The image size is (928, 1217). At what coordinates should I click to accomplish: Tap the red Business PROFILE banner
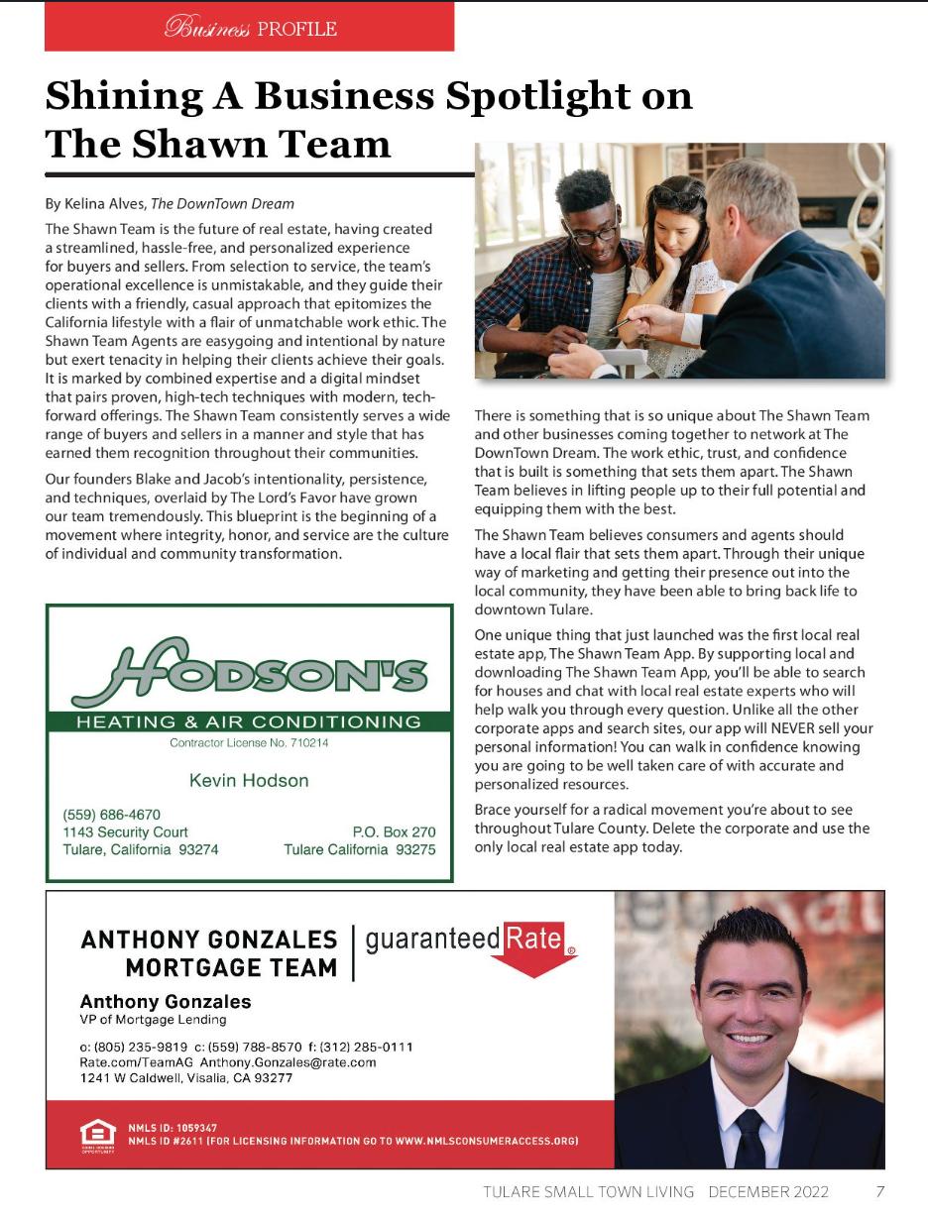pyautogui.click(x=249, y=27)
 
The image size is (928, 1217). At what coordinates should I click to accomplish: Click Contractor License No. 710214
pyautogui.click(x=249, y=743)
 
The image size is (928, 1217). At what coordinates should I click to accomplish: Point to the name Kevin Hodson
pyautogui.click(x=249, y=781)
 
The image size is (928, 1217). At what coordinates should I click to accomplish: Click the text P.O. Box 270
pyautogui.click(x=394, y=832)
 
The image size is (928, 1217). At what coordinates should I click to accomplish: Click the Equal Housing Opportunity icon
pyautogui.click(x=97, y=1134)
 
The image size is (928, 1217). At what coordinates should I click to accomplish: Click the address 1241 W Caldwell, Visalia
pyautogui.click(x=186, y=1078)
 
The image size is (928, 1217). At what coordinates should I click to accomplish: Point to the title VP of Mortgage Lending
pyautogui.click(x=153, y=1020)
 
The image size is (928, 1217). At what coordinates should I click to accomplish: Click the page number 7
pyautogui.click(x=879, y=1191)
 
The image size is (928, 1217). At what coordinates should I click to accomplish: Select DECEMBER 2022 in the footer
pyautogui.click(x=768, y=1191)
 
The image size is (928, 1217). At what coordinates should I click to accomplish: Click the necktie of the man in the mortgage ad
pyautogui.click(x=750, y=1136)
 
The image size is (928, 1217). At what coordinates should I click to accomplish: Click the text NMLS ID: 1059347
pyautogui.click(x=173, y=1128)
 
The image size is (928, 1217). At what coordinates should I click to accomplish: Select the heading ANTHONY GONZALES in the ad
pyautogui.click(x=209, y=940)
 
